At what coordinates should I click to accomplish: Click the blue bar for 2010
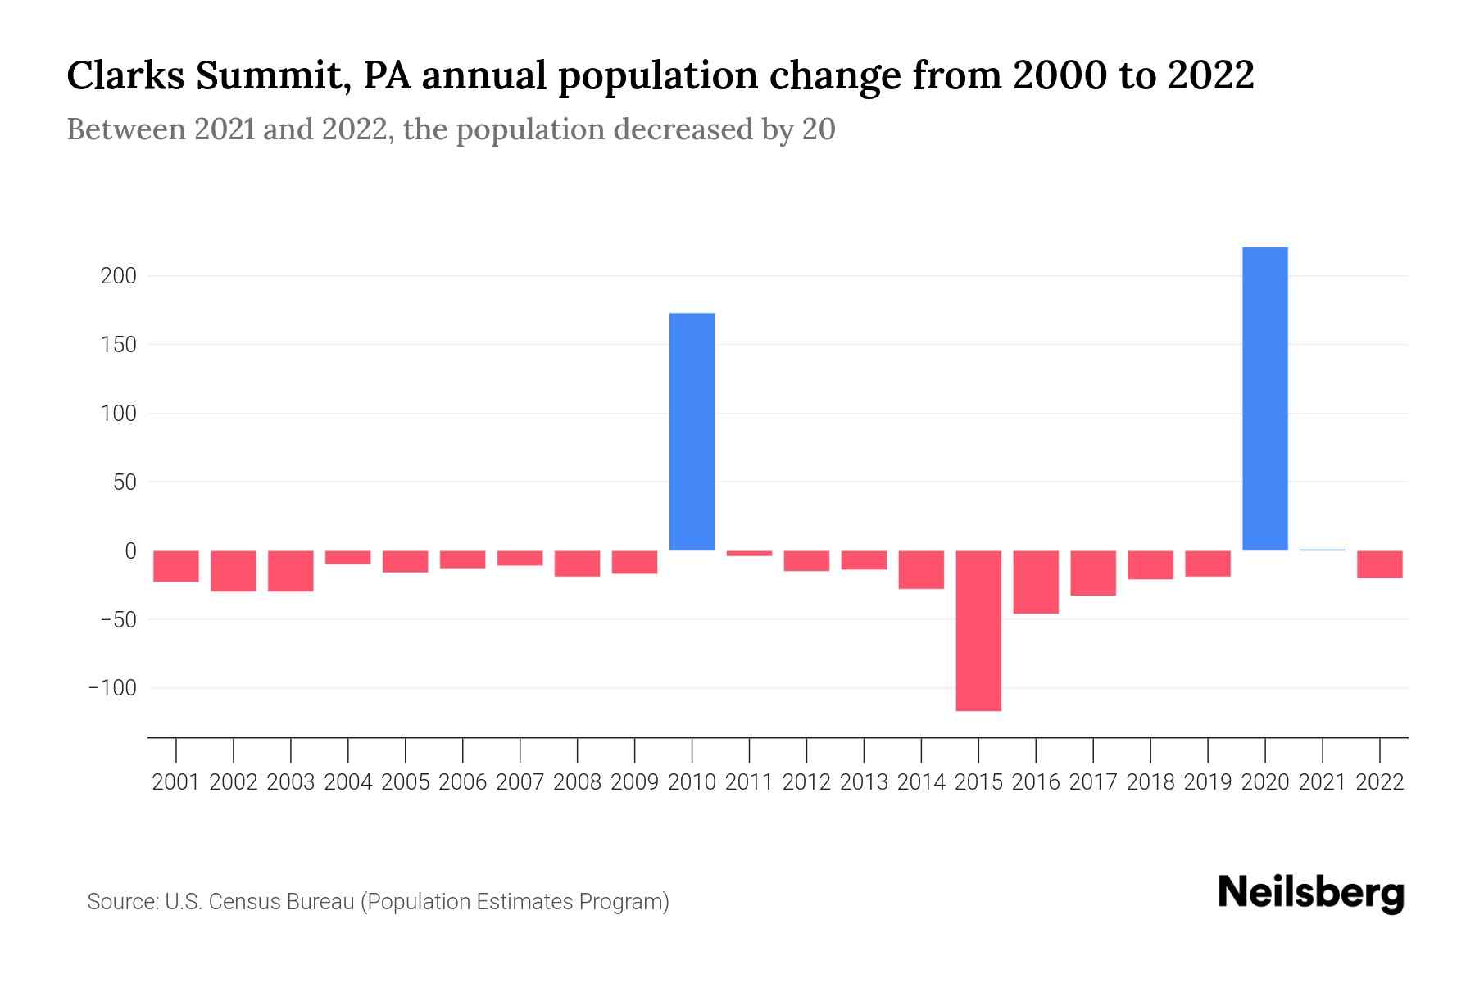(692, 432)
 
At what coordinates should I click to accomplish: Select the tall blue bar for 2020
(1264, 399)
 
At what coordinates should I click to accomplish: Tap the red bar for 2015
(978, 631)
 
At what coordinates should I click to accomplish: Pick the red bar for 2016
(1036, 582)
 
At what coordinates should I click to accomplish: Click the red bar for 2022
(1379, 564)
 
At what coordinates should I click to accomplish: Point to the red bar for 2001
(176, 566)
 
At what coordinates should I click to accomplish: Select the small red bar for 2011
(749, 554)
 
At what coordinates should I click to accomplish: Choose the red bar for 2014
(921, 570)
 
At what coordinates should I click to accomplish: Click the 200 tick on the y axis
(118, 276)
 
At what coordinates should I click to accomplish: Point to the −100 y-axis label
(112, 688)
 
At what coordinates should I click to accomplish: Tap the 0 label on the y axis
(129, 551)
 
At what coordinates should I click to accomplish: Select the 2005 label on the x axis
(406, 782)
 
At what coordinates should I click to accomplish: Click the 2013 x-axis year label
(864, 782)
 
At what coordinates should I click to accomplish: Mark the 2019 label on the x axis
(1207, 782)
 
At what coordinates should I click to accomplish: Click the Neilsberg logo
(1311, 894)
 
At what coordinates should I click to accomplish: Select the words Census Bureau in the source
(282, 902)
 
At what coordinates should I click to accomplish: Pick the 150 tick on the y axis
(118, 345)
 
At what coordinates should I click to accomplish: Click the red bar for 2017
(1093, 573)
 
